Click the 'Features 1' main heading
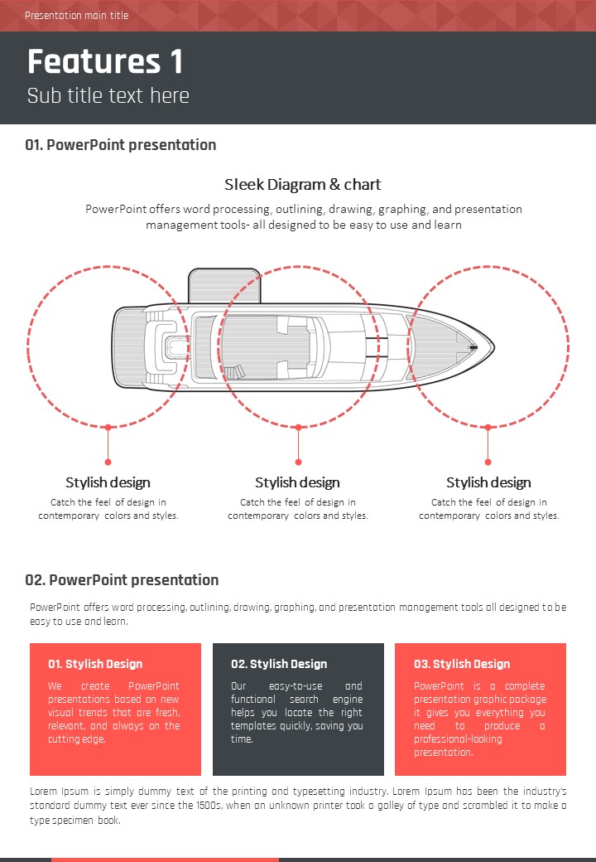click(105, 61)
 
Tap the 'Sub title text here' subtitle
click(108, 95)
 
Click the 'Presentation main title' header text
click(77, 16)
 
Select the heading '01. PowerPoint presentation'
click(121, 145)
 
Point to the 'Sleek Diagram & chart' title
click(302, 184)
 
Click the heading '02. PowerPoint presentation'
click(122, 580)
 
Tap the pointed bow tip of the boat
click(494, 347)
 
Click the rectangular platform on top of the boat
click(223, 286)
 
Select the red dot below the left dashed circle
click(108, 462)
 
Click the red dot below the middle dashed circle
click(298, 462)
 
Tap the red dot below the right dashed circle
click(488, 462)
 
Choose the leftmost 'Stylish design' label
click(108, 482)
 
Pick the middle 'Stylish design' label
click(297, 482)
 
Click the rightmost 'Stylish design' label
click(488, 482)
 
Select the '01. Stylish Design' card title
click(95, 664)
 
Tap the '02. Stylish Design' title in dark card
click(279, 664)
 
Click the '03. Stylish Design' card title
click(462, 664)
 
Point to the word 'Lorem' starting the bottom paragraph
click(43, 792)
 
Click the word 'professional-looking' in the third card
click(458, 739)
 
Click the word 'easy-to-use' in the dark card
click(296, 686)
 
